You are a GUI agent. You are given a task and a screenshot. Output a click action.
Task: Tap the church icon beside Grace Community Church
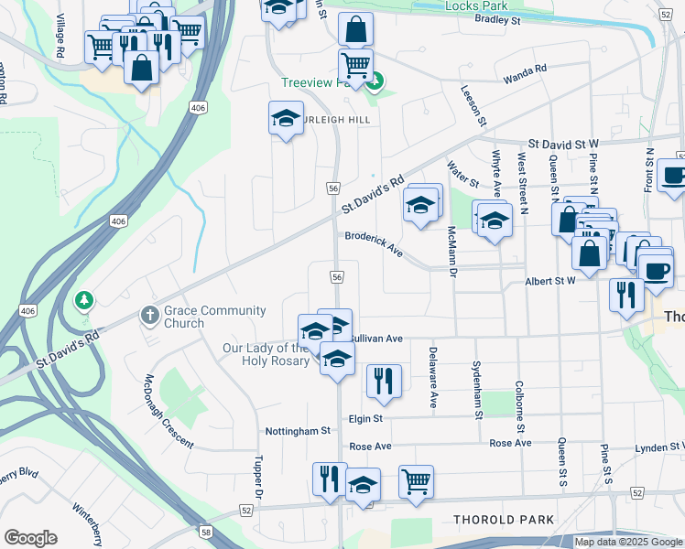[x=151, y=316]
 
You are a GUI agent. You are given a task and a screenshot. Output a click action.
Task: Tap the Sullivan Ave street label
[x=377, y=339]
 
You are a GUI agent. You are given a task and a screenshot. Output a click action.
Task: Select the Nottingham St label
[x=298, y=430]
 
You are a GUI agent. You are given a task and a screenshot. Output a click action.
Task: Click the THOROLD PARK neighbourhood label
[x=503, y=520]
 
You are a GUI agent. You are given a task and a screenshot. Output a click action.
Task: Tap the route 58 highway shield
[x=207, y=531]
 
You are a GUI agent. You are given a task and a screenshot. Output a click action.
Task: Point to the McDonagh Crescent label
[x=169, y=412]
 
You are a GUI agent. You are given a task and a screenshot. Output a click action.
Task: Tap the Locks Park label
[x=476, y=5]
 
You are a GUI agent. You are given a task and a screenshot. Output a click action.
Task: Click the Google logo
[x=30, y=538]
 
